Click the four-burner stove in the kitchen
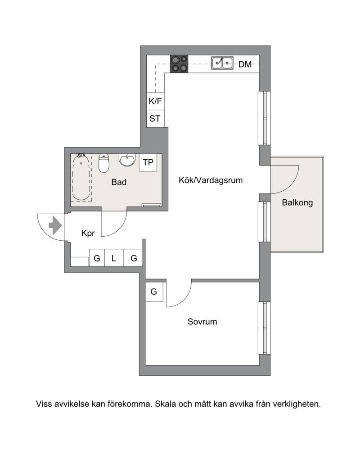[x=179, y=64]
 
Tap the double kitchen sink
[x=222, y=63]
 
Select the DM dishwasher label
[x=245, y=64]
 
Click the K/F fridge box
[x=156, y=101]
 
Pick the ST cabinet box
[x=156, y=119]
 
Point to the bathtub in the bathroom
[x=81, y=177]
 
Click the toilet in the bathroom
[x=103, y=163]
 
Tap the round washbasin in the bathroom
[x=127, y=160]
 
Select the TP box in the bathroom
[x=148, y=162]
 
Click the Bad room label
[x=119, y=182]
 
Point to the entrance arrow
[x=55, y=225]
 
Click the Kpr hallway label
[x=88, y=233]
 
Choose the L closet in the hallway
[x=114, y=258]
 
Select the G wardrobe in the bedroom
[x=154, y=292]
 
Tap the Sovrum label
[x=202, y=322]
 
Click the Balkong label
[x=297, y=202]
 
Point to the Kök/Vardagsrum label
[x=211, y=180]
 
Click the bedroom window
[x=264, y=328]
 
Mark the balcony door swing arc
[x=292, y=185]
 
